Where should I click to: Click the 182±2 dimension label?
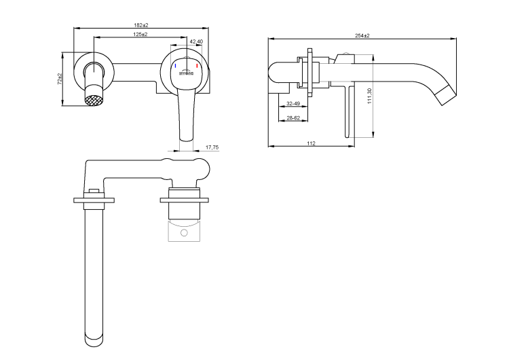pyautogui.click(x=141, y=25)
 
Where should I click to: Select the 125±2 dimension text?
pyautogui.click(x=141, y=34)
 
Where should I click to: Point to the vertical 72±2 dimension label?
pyautogui.click(x=60, y=79)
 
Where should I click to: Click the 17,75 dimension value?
pyautogui.click(x=211, y=147)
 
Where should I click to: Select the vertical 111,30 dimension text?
pyautogui.click(x=369, y=96)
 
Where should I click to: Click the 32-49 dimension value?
pyautogui.click(x=294, y=104)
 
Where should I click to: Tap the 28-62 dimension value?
pyautogui.click(x=293, y=118)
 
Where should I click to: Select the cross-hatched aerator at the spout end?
pyautogui.click(x=93, y=101)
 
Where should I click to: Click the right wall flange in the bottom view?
pyautogui.click(x=184, y=200)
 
